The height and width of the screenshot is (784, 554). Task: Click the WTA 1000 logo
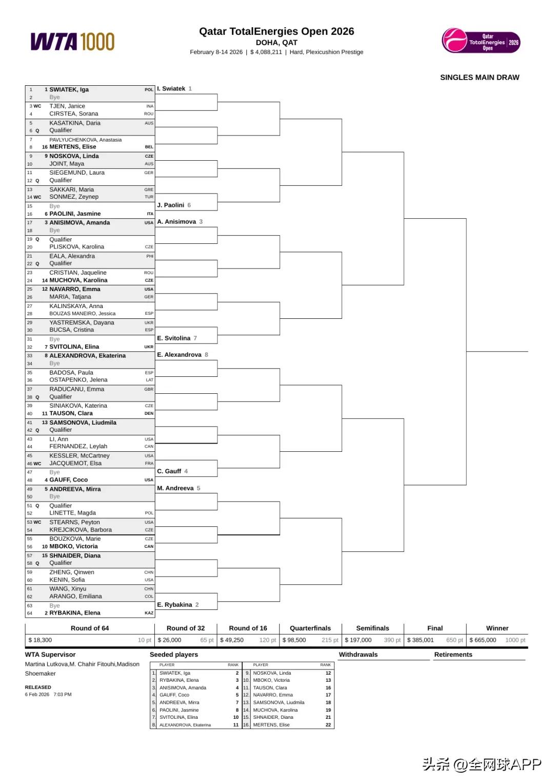click(x=72, y=42)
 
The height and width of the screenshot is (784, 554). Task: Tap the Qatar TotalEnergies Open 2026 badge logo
click(x=481, y=41)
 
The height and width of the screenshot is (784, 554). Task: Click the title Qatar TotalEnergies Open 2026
click(x=276, y=31)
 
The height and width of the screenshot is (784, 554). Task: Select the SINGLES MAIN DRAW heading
click(x=479, y=78)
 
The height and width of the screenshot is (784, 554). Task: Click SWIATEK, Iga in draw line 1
click(x=69, y=89)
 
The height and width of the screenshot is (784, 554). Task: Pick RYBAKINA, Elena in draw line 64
click(x=74, y=613)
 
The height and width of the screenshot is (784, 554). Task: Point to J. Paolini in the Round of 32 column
click(x=170, y=205)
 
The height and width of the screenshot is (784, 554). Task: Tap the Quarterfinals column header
click(x=310, y=628)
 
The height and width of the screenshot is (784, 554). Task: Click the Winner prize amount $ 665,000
click(x=483, y=640)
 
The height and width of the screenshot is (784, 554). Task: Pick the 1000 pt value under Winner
click(x=515, y=640)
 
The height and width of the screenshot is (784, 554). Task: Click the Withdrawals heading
click(x=358, y=654)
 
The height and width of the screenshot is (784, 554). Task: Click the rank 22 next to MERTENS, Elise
click(x=328, y=724)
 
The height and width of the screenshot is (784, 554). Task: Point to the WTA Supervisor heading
click(x=50, y=654)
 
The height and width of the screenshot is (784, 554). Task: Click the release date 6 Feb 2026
click(x=37, y=694)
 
